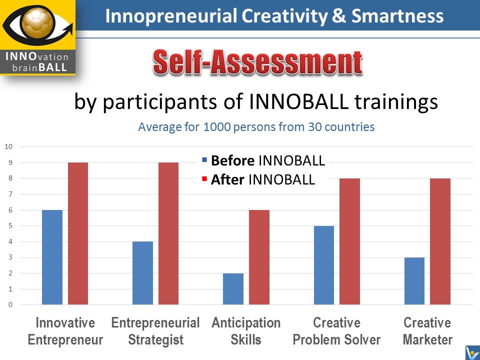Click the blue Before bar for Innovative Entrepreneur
coord(52,257)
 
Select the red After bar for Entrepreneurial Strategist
coord(168,233)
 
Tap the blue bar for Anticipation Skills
coord(233,289)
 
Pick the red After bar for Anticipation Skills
coord(259,257)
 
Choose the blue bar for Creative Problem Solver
coord(324,265)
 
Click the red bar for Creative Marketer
coord(440,241)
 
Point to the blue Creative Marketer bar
coord(414,281)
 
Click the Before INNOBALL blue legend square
coord(204,160)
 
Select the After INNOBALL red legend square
coord(204,179)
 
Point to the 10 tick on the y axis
coord(8,146)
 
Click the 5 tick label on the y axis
coord(10,226)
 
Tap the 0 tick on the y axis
coord(10,304)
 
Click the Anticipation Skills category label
coord(246,331)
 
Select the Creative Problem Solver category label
coord(336,331)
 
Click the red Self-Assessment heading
coord(258,63)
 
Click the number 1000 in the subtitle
coord(217,126)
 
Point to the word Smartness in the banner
coord(397,16)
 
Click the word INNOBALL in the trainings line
coord(299,101)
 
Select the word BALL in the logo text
coord(52,67)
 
